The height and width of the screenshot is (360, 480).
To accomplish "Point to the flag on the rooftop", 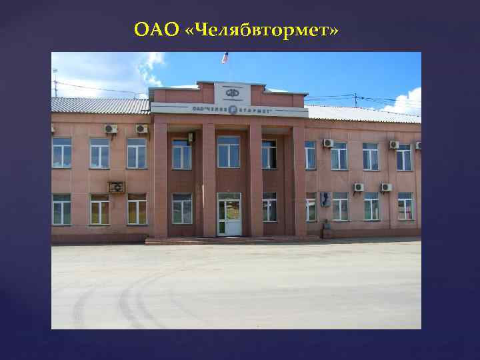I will (225, 58).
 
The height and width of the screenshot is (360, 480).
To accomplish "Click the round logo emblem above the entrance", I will (232, 93).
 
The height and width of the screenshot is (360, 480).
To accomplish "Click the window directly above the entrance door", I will (229, 151).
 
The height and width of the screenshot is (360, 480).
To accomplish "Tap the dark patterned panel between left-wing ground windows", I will (116, 187).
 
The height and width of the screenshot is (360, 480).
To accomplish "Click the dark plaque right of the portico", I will (324, 199).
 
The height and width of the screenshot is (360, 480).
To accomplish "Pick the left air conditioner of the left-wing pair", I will (111, 129).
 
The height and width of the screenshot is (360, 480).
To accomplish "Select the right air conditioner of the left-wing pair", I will (141, 129).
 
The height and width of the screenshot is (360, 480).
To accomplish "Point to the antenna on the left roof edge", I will (55, 80).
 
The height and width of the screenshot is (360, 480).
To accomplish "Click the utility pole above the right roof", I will (355, 99).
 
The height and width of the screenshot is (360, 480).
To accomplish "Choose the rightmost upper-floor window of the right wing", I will (404, 157).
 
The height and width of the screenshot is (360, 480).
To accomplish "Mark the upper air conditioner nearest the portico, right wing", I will (328, 143).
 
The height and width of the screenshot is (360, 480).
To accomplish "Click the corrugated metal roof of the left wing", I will (100, 105).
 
